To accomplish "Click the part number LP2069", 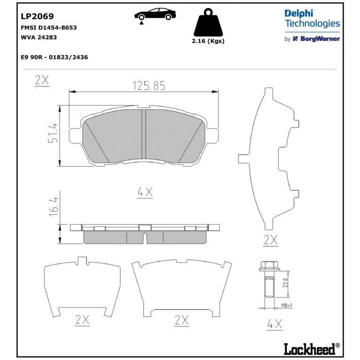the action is (x=37, y=16).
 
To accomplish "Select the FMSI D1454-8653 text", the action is (x=49, y=28).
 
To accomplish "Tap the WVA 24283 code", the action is (x=38, y=37).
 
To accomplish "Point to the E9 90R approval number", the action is (x=54, y=57).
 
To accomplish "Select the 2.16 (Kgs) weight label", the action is (x=208, y=41).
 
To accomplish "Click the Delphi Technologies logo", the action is (x=312, y=19).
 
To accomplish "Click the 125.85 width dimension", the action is (x=149, y=86).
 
